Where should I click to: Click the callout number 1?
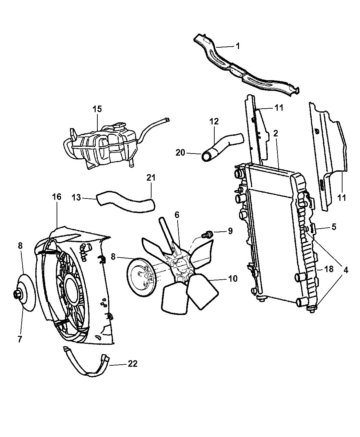click(238, 46)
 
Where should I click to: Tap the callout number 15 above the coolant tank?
click(97, 109)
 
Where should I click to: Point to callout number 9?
click(230, 231)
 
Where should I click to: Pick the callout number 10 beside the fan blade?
click(233, 279)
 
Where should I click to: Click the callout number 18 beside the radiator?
click(328, 269)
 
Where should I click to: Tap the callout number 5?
click(334, 227)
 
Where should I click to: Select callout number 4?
click(346, 270)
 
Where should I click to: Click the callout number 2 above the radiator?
click(276, 133)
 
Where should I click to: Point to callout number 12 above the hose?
click(214, 121)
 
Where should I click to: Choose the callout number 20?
click(180, 153)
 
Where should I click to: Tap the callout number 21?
click(151, 178)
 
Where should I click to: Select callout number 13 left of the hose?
click(76, 197)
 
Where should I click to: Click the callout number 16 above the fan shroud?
click(57, 197)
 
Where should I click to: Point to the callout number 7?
click(20, 339)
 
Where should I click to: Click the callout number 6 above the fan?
click(177, 215)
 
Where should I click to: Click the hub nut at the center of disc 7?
click(17, 294)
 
